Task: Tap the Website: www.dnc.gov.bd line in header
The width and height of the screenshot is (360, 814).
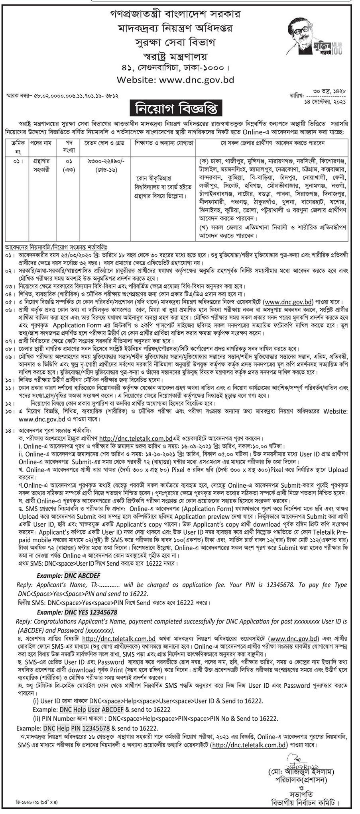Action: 179,80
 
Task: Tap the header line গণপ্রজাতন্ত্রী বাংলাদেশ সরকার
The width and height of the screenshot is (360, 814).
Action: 179,14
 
